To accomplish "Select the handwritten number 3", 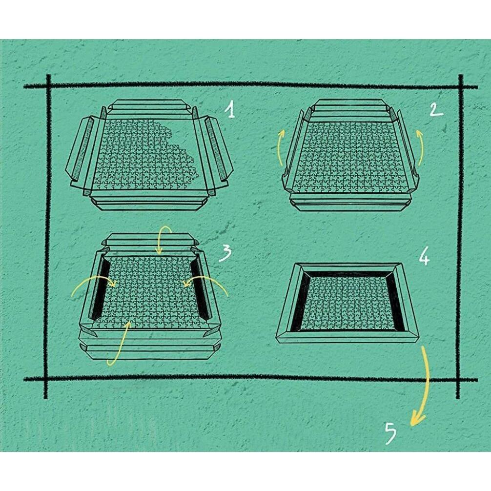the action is pos(225,253).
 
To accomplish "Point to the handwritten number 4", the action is pos(424,257).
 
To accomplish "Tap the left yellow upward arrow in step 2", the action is pos(281,147).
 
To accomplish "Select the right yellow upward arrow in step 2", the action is pos(420,147).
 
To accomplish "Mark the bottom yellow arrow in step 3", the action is pos(122,345).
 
